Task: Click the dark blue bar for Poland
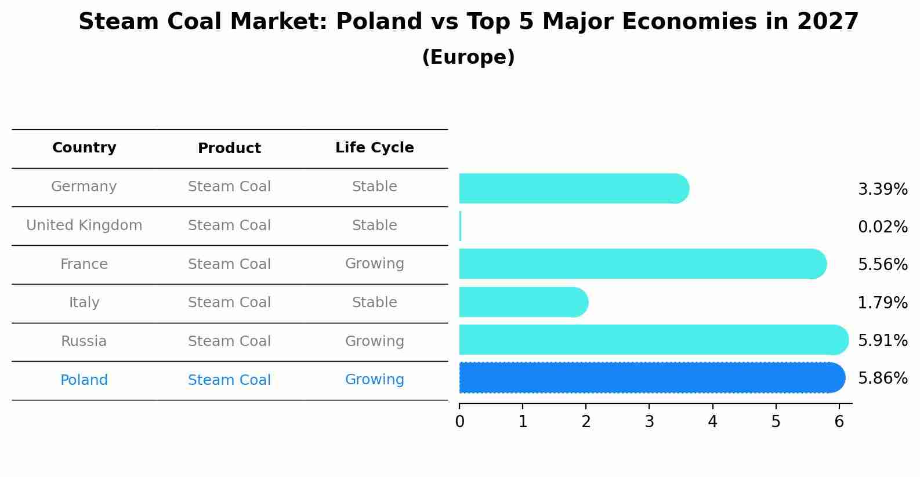click(x=650, y=378)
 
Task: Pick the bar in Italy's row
click(x=522, y=302)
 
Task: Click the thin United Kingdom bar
click(x=460, y=226)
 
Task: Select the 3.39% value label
click(x=882, y=190)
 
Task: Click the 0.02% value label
click(x=882, y=227)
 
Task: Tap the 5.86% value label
click(x=882, y=378)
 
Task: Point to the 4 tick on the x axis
click(x=712, y=421)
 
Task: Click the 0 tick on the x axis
click(x=459, y=421)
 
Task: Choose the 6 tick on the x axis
click(x=839, y=421)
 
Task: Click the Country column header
click(x=84, y=148)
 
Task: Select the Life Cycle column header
click(x=374, y=148)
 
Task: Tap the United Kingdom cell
click(x=84, y=225)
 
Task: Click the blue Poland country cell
click(x=84, y=380)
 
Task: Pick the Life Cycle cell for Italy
click(x=374, y=303)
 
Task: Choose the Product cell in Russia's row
click(x=229, y=341)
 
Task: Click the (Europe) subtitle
click(x=468, y=57)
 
